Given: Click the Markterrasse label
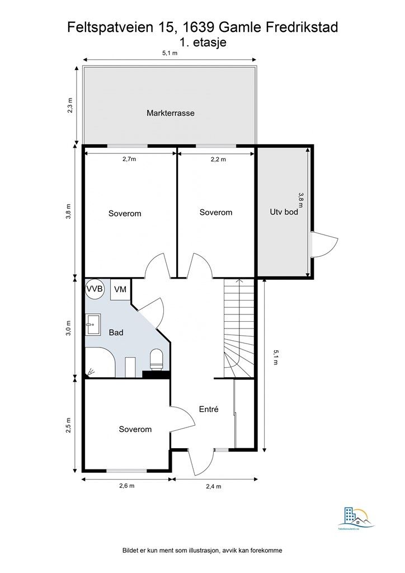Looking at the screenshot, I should pos(170,113).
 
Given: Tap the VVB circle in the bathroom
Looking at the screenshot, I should pos(94,289).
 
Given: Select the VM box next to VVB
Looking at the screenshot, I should pos(120,289).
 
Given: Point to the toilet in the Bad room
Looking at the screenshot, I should pos(157,359).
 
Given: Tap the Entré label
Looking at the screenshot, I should pos(208,409).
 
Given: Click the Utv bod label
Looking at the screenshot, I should pos(284,212).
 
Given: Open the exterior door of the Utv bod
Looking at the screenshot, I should pos(324,243).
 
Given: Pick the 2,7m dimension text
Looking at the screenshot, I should pos(129,159).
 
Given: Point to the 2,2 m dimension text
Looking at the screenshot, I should pos(218,159).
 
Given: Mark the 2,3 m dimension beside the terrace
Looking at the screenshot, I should pos(70,105).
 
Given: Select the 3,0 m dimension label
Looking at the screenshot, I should pos(69,328).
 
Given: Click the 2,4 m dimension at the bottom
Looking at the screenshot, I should pos(214,486).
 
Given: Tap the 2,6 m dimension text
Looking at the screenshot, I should pos(127,486).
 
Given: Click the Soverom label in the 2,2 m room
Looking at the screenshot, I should pos(216,213).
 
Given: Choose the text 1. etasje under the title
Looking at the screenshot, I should pos(202,42).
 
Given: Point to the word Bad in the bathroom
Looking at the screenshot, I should pos(116,332).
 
